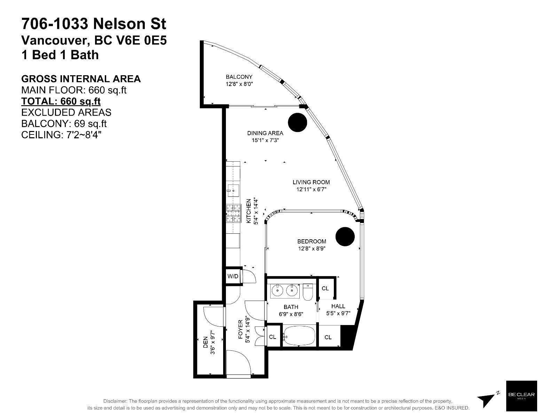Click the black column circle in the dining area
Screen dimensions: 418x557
pyautogui.click(x=298, y=122)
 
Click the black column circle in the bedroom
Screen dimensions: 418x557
pyautogui.click(x=345, y=237)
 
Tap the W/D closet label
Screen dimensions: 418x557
pyautogui.click(x=233, y=277)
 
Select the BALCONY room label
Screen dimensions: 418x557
pyautogui.click(x=239, y=77)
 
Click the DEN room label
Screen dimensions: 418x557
pyautogui.click(x=205, y=340)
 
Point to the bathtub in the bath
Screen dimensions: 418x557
pyautogui.click(x=299, y=336)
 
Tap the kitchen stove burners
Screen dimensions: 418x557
pyautogui.click(x=234, y=213)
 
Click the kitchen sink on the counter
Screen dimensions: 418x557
pyautogui.click(x=233, y=189)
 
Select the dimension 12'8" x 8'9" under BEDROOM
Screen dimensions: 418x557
pyautogui.click(x=312, y=249)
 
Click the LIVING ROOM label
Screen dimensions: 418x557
pyautogui.click(x=311, y=182)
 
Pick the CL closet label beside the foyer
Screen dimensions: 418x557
pyautogui.click(x=273, y=337)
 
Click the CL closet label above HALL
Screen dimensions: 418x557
pyautogui.click(x=325, y=288)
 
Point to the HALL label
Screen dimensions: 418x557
pyautogui.click(x=338, y=306)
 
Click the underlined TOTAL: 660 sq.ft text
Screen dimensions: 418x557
pyautogui.click(x=61, y=101)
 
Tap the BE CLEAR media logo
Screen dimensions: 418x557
pyautogui.click(x=521, y=395)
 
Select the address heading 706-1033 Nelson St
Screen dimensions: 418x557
pyautogui.click(x=94, y=24)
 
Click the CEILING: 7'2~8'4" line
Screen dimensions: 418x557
pyautogui.click(x=61, y=134)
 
